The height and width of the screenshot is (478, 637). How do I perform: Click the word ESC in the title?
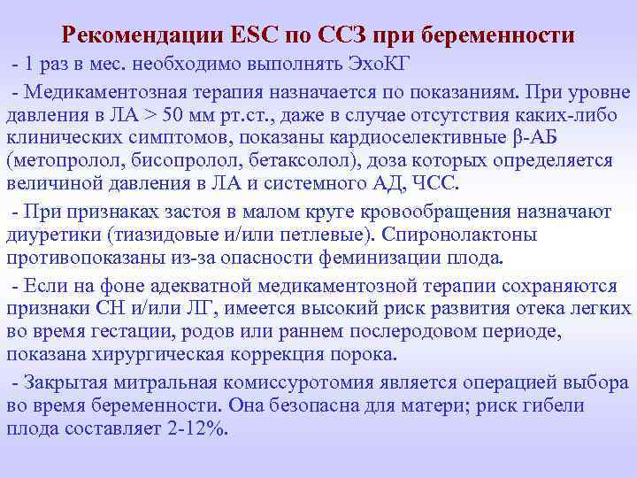[x=253, y=36]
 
